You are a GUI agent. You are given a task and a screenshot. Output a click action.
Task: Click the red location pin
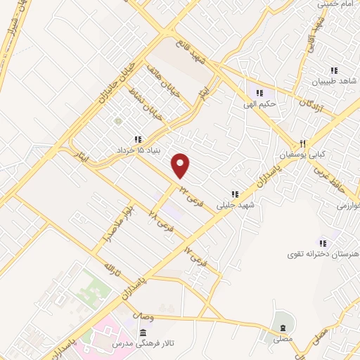pos(181,165)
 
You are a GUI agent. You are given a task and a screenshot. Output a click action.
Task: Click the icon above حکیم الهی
pos(259,93)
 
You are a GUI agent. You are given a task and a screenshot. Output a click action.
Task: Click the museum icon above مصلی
pos(283,329)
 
